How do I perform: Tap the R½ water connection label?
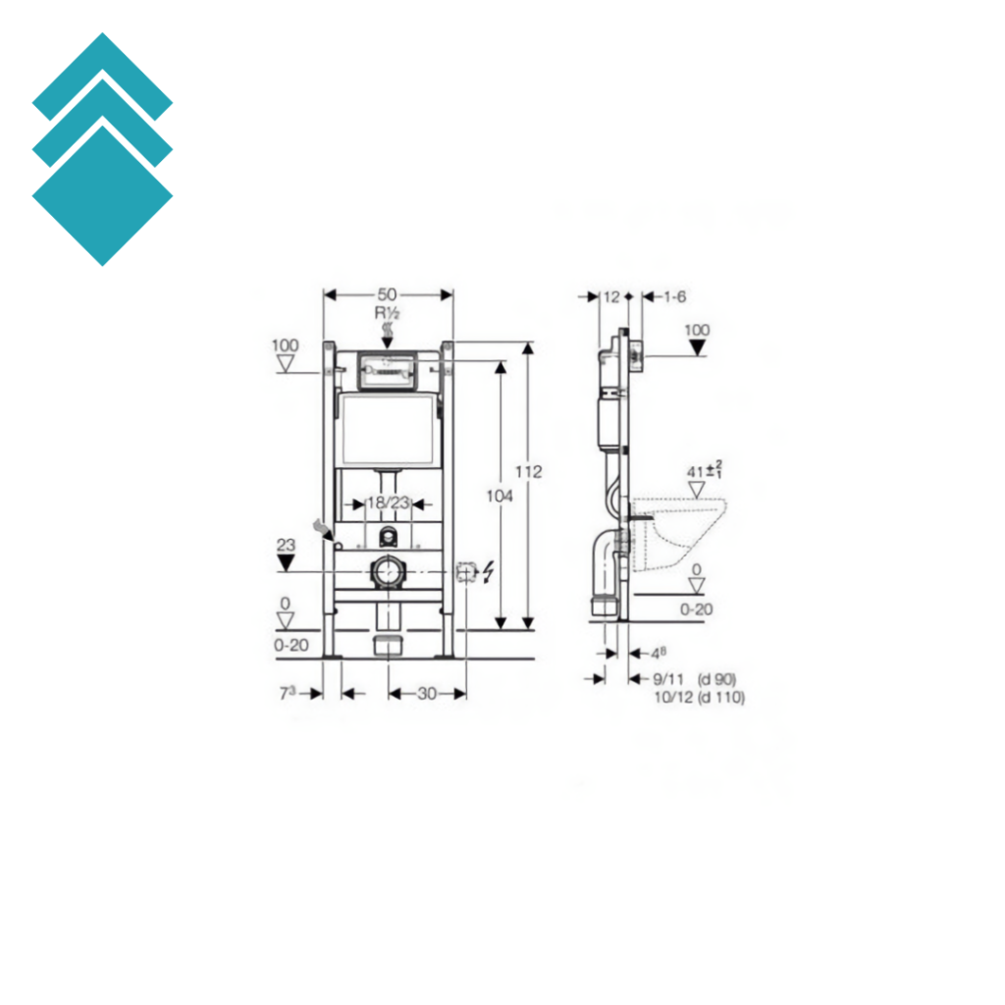[386, 313]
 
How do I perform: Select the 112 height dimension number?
[528, 472]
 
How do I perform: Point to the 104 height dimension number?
[500, 497]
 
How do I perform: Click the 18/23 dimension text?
[388, 503]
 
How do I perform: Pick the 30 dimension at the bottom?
[427, 694]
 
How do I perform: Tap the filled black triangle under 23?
[286, 563]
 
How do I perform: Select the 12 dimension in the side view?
[612, 296]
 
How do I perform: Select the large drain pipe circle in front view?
[387, 572]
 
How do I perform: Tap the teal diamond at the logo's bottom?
[102, 196]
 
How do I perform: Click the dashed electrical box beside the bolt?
[466, 570]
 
